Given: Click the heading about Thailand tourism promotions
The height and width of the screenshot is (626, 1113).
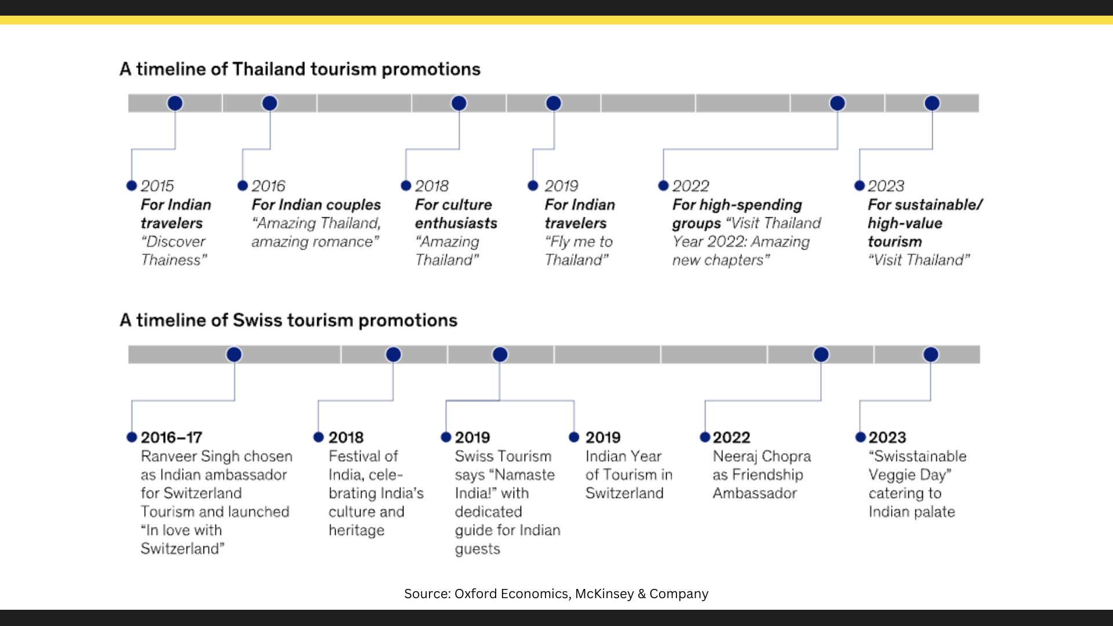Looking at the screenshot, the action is (300, 69).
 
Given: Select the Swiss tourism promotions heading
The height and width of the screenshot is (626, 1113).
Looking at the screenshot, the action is (288, 320).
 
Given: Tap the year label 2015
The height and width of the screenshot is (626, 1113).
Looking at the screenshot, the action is (157, 186).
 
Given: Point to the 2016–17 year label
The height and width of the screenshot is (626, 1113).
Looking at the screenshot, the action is (172, 438).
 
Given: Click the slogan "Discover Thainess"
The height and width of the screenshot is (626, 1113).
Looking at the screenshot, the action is (173, 251).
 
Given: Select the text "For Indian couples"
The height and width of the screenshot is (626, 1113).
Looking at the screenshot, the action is (316, 205).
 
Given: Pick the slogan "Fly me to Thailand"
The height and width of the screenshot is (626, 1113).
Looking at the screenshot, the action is (578, 251).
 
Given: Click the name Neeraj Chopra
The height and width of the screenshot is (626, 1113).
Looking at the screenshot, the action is (762, 456).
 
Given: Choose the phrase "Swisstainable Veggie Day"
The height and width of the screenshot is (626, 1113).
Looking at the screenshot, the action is (917, 465).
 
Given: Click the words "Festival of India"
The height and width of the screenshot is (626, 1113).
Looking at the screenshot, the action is (363, 465).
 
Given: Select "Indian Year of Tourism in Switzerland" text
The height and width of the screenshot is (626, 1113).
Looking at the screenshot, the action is (629, 475).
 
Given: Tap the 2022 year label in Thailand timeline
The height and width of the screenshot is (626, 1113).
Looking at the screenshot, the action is (690, 186).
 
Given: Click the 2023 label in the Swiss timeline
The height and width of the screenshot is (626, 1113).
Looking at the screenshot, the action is (887, 438).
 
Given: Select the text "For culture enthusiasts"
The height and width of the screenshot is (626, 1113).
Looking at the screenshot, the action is (456, 214).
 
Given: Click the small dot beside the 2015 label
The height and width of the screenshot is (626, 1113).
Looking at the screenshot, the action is (132, 185).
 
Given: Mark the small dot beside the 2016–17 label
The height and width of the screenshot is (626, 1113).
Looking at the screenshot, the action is (132, 437).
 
